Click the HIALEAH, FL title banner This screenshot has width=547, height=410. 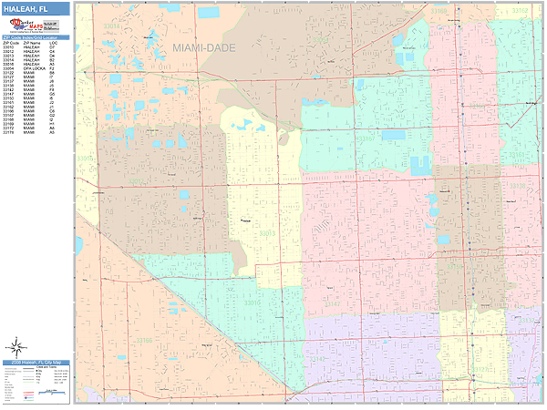pyautogui.click(x=36, y=8)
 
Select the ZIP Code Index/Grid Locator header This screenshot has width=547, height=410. pyautogui.click(x=36, y=37)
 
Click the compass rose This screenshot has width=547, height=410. pyautogui.click(x=15, y=347)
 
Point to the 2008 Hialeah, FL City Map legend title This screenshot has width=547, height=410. pyautogui.click(x=36, y=364)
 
